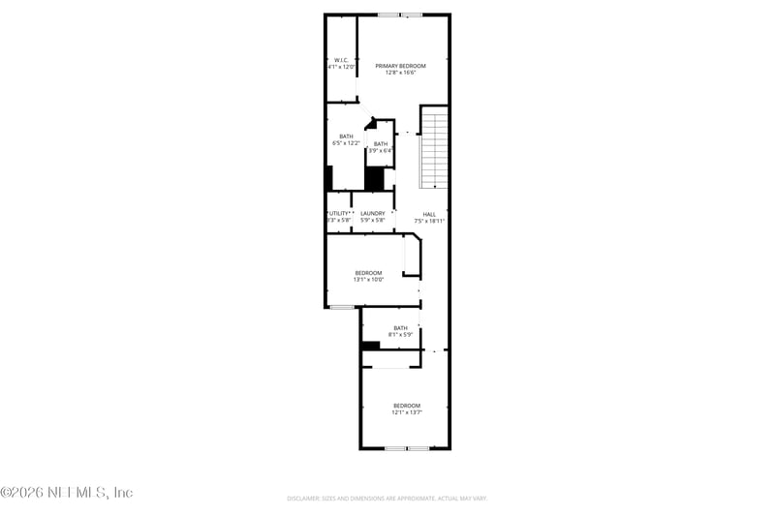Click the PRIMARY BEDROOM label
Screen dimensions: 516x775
tap(400, 65)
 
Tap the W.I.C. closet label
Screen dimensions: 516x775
tap(340, 60)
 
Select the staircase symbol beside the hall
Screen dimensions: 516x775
tap(436, 150)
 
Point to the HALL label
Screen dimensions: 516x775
tap(429, 214)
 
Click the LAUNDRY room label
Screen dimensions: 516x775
tap(373, 213)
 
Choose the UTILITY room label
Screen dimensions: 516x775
tap(338, 213)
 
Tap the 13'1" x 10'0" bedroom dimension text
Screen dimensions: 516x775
tap(368, 280)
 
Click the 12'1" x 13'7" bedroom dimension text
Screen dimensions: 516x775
tap(407, 411)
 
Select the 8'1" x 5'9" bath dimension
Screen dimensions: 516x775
tap(400, 335)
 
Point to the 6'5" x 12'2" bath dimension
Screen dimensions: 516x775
tap(346, 143)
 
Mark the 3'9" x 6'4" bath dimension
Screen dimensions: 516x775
tap(381, 151)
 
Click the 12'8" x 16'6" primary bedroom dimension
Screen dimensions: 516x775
tap(400, 73)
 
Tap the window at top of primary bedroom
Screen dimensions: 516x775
tap(399, 15)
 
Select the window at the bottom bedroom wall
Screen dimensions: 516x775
tap(406, 448)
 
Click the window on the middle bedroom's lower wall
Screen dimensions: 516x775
tap(341, 308)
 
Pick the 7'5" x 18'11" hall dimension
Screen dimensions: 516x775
tap(429, 221)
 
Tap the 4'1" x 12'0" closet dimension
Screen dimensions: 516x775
tap(340, 67)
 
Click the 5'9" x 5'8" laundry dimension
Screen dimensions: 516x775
tap(373, 220)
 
